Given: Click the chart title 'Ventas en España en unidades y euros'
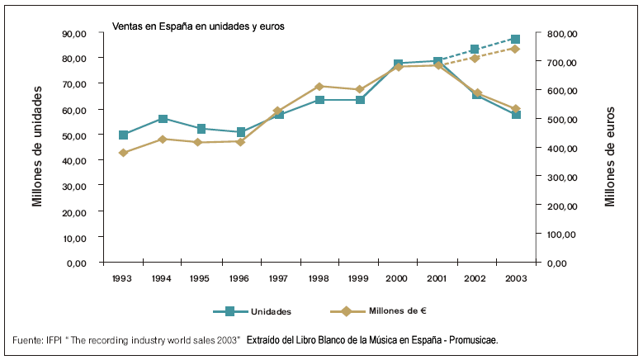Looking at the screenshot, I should [x=198, y=26].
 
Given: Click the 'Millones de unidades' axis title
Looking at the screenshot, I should [x=38, y=149].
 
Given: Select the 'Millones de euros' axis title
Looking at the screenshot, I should [x=610, y=157].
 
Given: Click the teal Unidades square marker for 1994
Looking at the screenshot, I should [x=163, y=119].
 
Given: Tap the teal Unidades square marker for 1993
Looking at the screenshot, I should [x=123, y=135].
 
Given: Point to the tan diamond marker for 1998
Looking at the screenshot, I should [x=319, y=86].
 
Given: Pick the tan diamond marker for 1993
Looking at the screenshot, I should [x=123, y=153].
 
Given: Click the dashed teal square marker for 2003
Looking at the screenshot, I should [x=515, y=39].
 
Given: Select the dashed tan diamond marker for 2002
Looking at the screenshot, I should [x=475, y=58].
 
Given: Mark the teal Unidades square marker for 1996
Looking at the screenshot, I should [x=240, y=132].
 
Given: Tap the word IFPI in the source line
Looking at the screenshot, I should [x=54, y=340].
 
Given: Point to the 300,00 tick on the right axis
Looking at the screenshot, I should [x=560, y=177].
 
